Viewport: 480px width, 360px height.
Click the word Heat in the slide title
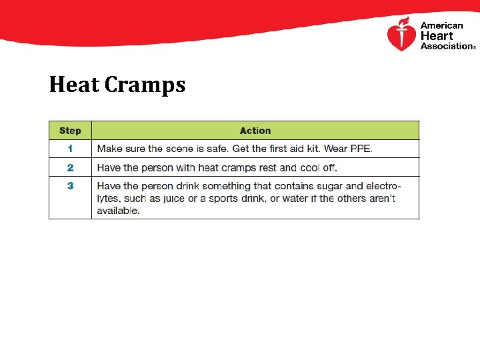[73, 85]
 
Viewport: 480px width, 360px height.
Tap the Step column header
[70, 131]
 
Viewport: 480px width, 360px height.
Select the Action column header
[255, 131]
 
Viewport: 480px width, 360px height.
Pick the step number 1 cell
[70, 149]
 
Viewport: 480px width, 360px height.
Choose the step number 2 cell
[70, 167]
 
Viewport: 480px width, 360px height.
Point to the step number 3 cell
[70, 186]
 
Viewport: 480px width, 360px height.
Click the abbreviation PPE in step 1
[360, 149]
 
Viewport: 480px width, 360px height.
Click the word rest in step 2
[268, 167]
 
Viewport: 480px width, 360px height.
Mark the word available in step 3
[117, 211]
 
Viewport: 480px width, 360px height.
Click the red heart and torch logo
[401, 35]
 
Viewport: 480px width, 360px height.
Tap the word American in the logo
[441, 26]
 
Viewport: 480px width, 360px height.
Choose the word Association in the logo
[446, 46]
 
